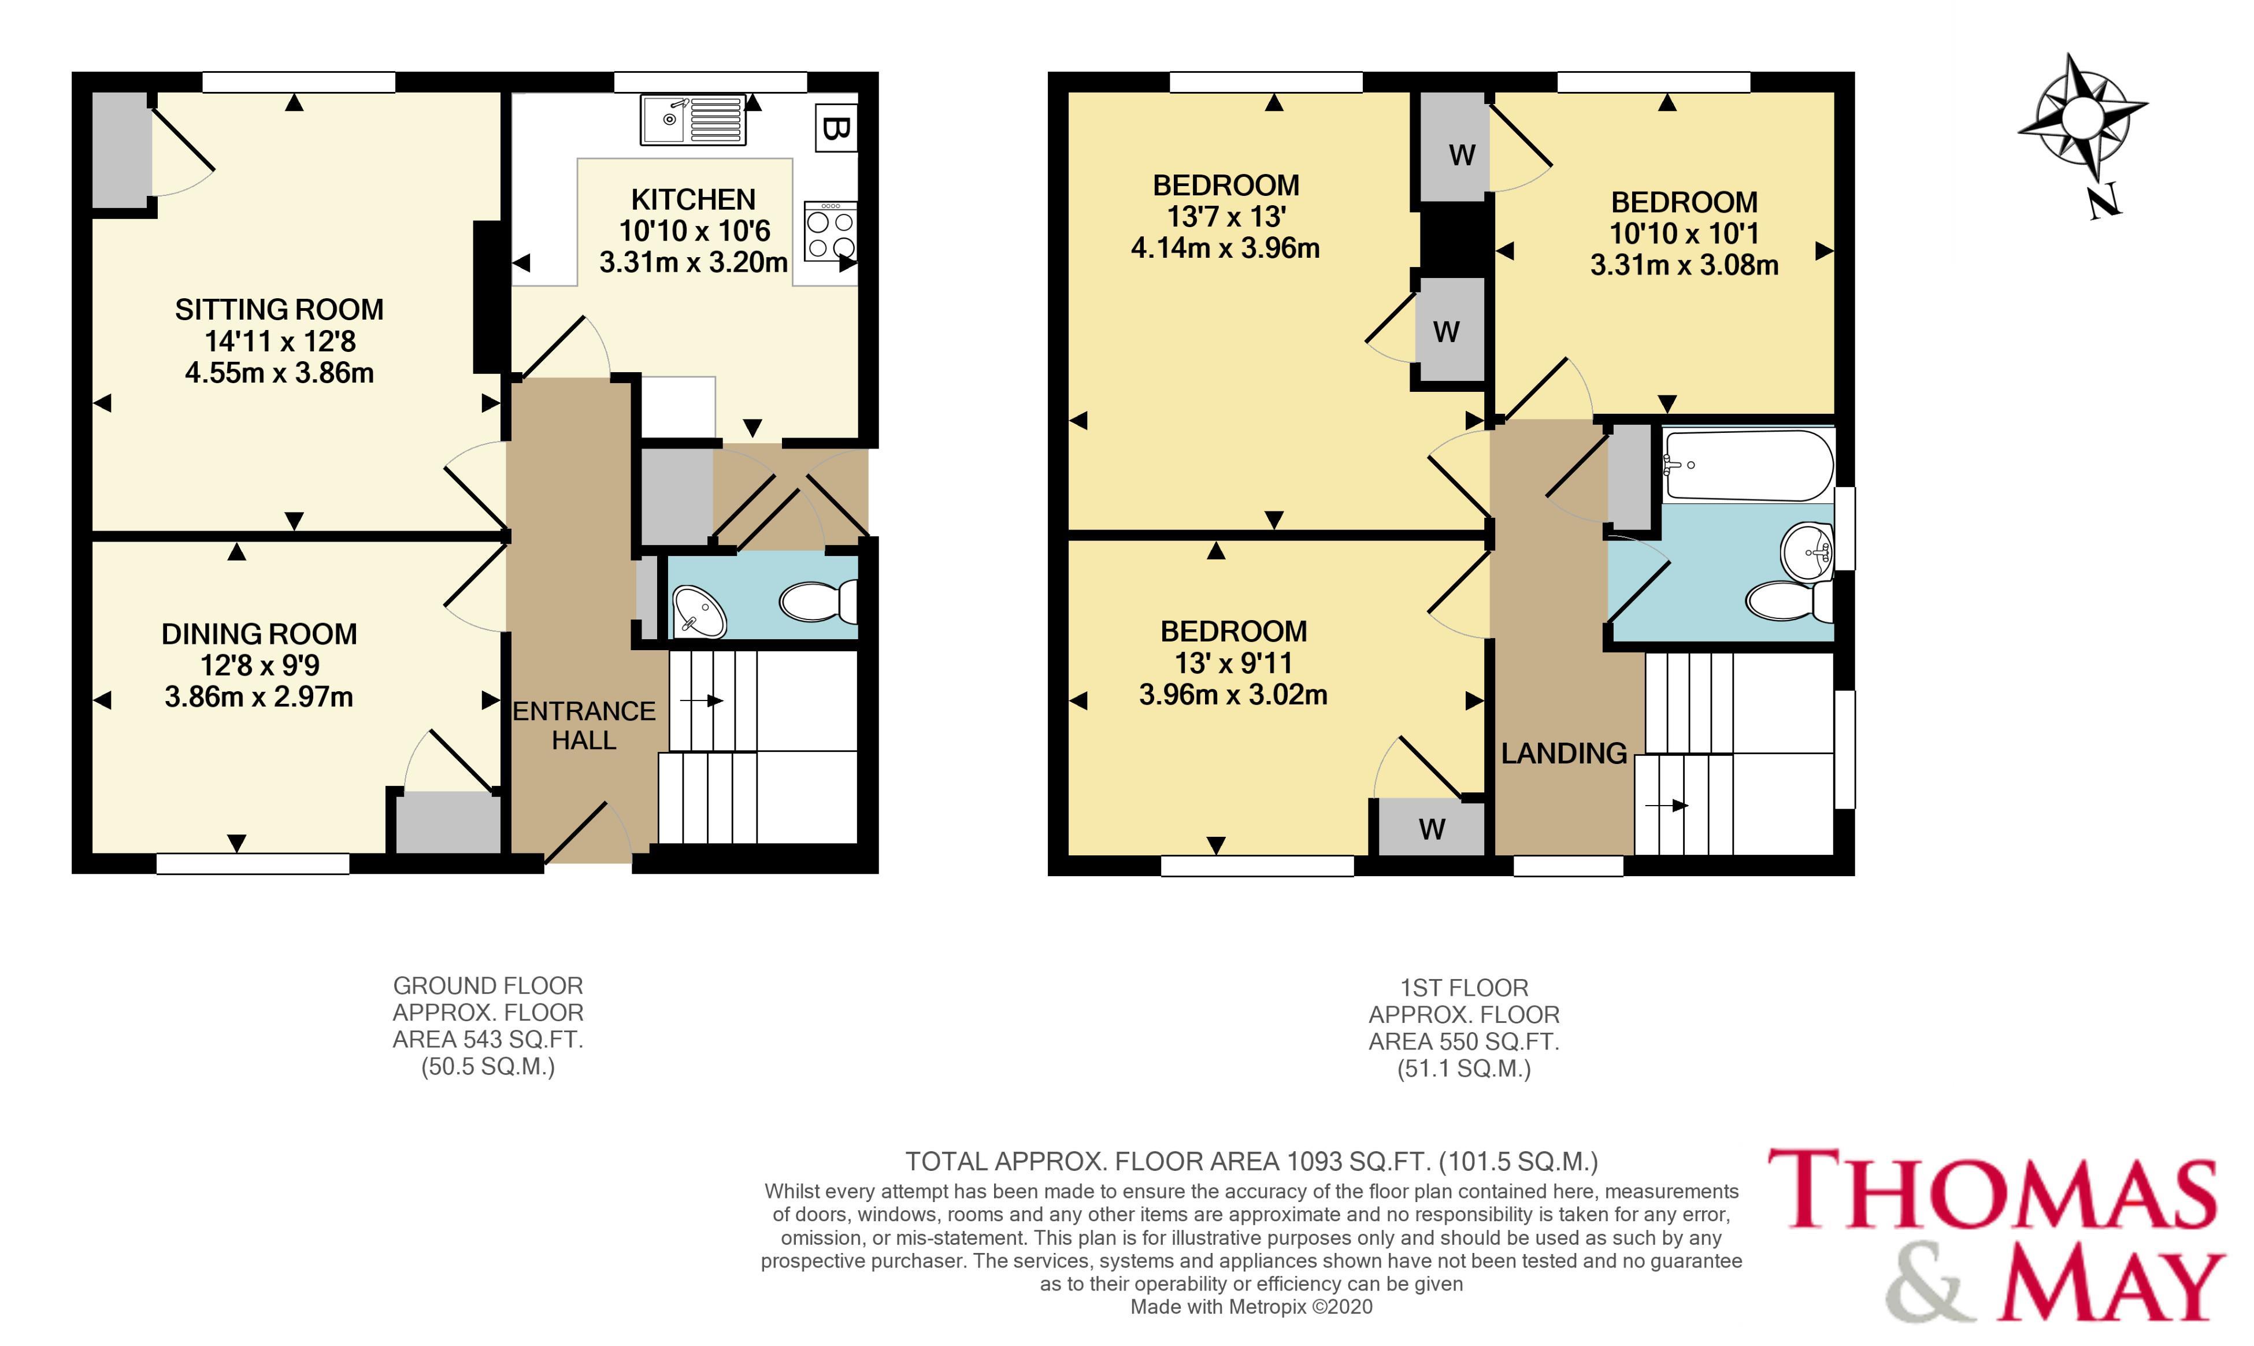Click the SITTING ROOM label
pyautogui.click(x=279, y=310)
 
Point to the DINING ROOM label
pyautogui.click(x=259, y=634)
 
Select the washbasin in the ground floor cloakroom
pyautogui.click(x=698, y=611)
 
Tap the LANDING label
pyautogui.click(x=1564, y=754)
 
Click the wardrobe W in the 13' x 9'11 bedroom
pyautogui.click(x=1432, y=829)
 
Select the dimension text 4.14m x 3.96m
pyautogui.click(x=1225, y=247)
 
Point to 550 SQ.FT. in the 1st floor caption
pyautogui.click(x=1488, y=1042)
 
